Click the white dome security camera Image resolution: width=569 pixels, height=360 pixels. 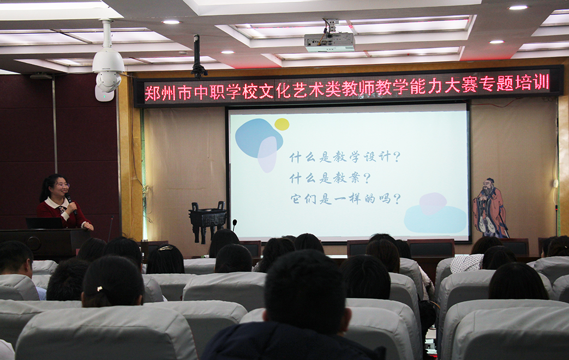coord(108,69)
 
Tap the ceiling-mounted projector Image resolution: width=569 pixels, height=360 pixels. coord(329,42)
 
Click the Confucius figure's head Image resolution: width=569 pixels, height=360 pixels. coord(490,184)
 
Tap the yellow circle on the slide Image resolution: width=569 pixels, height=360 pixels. coord(281,124)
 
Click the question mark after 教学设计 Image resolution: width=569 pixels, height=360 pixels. coord(397,157)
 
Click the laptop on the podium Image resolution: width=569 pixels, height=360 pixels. coord(44,223)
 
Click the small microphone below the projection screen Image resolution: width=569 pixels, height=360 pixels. coord(235,225)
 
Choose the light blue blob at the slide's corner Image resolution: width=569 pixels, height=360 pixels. coord(435,219)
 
